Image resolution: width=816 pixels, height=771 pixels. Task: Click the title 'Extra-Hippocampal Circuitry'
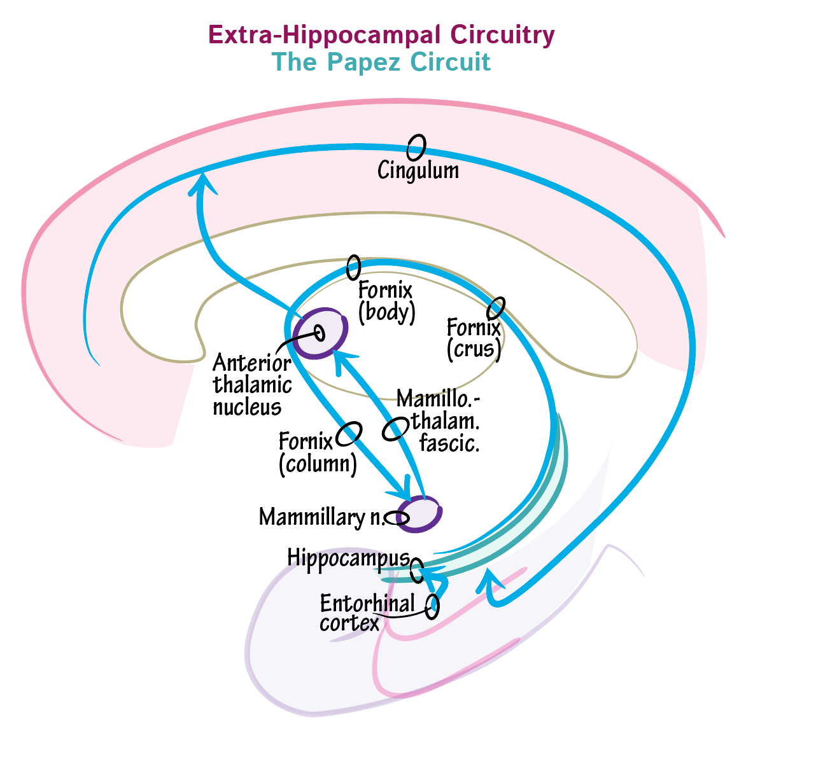(x=381, y=34)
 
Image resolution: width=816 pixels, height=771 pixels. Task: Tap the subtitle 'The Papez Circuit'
(x=381, y=62)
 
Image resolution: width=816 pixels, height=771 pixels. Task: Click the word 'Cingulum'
(x=418, y=170)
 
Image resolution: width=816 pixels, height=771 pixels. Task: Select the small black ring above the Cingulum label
(x=416, y=147)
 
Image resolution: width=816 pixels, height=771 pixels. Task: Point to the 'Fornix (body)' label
(x=386, y=301)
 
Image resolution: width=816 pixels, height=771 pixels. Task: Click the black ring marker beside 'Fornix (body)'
(x=353, y=268)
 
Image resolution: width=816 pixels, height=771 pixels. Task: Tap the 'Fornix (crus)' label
(x=474, y=338)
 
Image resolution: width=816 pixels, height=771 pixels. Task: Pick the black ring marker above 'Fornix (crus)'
(x=496, y=308)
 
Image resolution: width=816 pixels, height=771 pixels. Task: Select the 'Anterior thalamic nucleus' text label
(x=252, y=385)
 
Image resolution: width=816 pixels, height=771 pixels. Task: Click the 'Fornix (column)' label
(x=316, y=452)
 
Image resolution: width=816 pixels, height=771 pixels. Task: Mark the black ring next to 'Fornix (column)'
(x=349, y=434)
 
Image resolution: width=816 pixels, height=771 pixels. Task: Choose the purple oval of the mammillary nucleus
(x=419, y=513)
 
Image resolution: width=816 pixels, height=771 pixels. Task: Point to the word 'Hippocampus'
(x=348, y=557)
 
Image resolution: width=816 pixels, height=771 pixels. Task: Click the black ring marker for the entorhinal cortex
(x=433, y=605)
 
